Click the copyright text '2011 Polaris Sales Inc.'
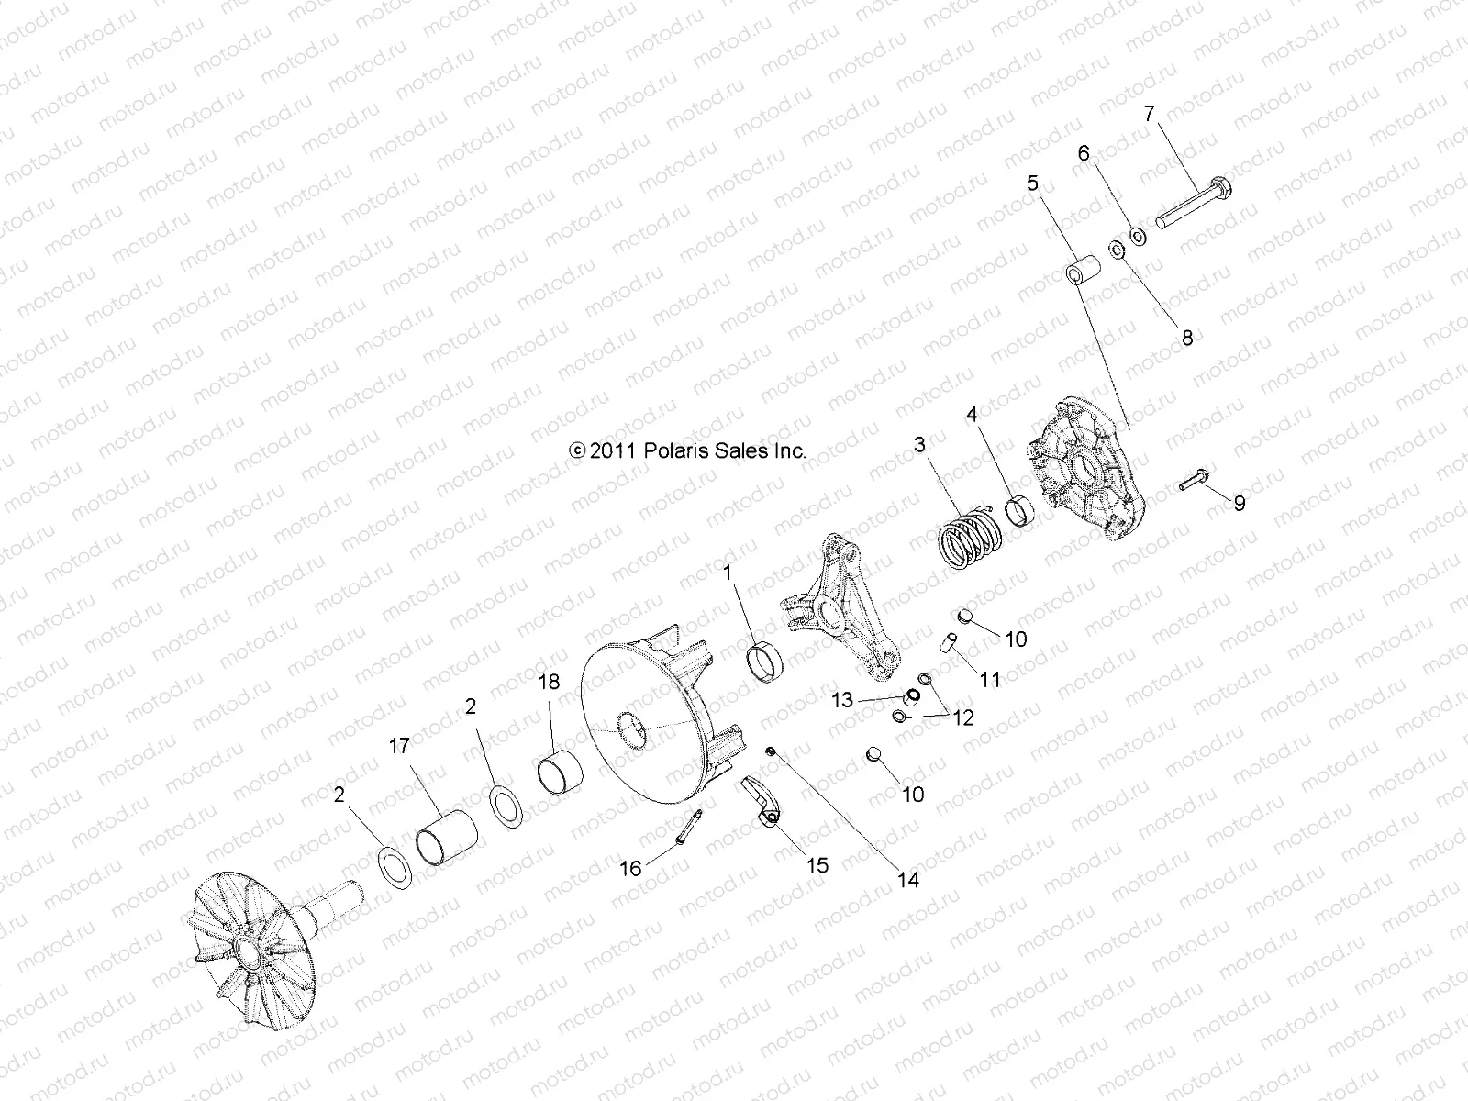point(687,450)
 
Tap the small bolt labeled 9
point(1194,480)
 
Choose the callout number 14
point(907,879)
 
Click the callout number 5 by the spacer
point(1032,184)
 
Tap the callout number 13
point(842,700)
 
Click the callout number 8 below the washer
point(1186,338)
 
